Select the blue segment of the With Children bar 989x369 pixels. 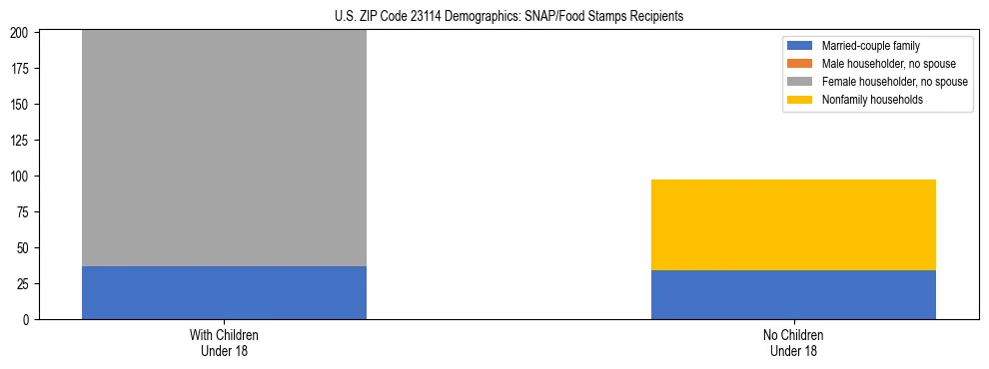[x=224, y=292]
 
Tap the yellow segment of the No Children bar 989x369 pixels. [x=793, y=224]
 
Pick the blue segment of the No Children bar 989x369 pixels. [x=793, y=294]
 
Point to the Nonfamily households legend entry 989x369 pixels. [x=865, y=100]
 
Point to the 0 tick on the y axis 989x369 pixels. [x=30, y=319]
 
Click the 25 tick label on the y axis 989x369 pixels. [x=27, y=283]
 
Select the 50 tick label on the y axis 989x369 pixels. [x=27, y=247]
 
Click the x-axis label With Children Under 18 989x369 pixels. [x=224, y=342]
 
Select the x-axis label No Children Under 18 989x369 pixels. [x=793, y=342]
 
